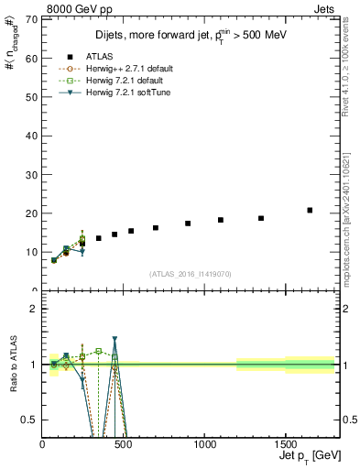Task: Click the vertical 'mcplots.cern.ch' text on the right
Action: coord(351,220)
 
